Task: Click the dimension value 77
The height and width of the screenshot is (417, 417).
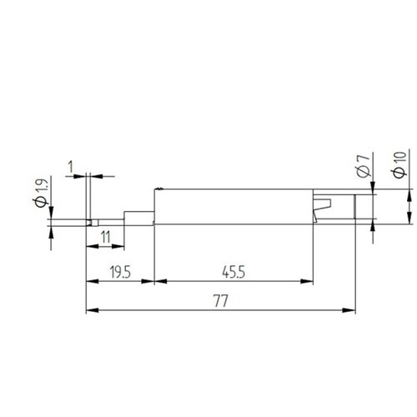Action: point(221,301)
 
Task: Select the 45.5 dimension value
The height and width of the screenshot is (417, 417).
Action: point(234,272)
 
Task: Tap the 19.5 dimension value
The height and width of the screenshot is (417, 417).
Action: point(120,272)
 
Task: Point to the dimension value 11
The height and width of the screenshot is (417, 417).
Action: point(106,238)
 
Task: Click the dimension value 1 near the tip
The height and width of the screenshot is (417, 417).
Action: point(71,167)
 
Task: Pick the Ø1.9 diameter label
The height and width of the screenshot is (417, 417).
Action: point(42,193)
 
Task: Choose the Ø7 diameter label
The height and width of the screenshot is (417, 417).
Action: point(364,166)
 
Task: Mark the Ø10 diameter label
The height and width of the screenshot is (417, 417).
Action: point(399,164)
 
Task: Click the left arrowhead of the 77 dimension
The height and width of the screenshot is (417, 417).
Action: point(93,310)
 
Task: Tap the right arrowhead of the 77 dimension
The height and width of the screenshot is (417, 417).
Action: point(349,310)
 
